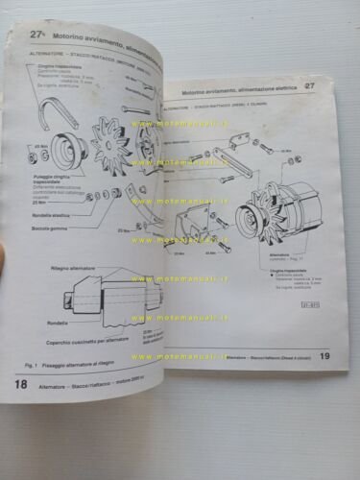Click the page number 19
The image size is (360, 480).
point(325,354)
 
